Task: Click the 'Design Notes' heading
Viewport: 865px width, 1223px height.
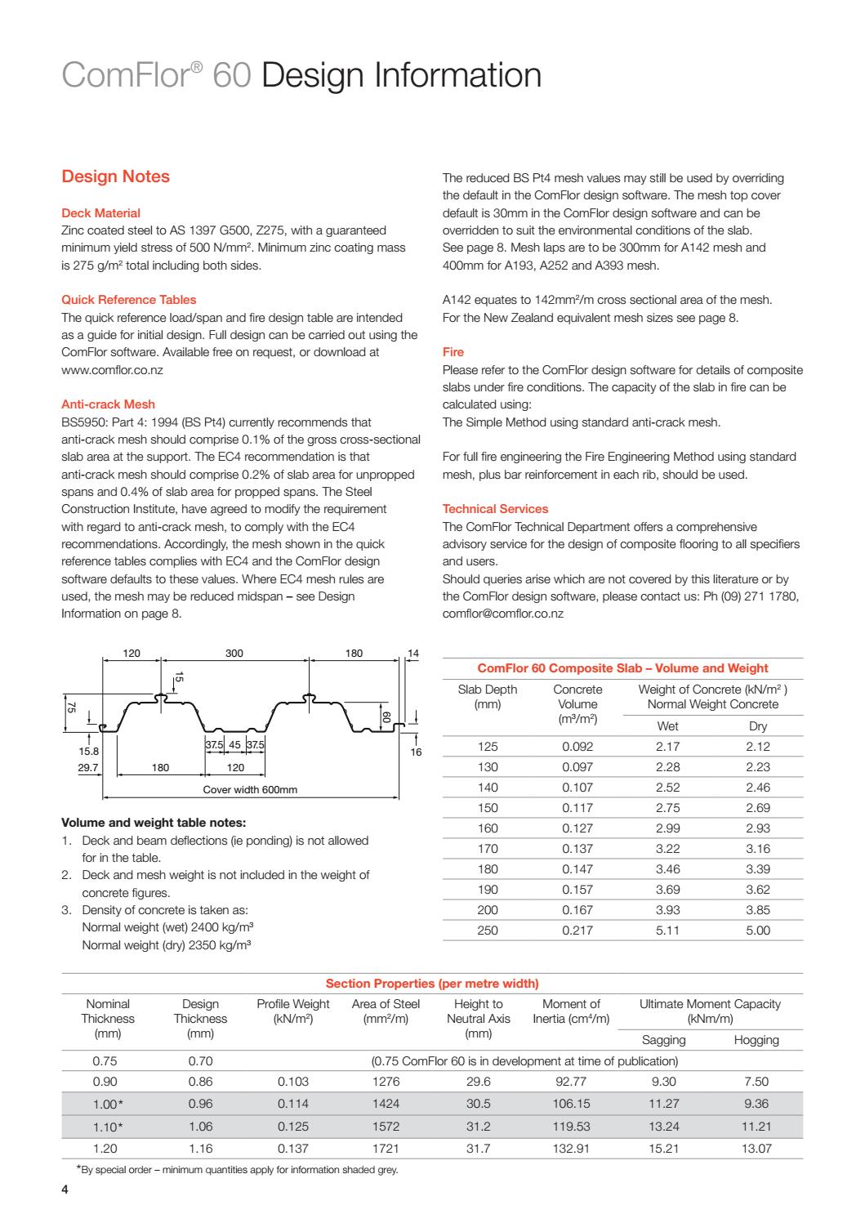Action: [115, 176]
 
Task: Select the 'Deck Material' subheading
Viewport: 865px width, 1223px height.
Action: [100, 213]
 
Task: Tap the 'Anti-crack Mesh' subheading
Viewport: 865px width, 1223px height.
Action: [108, 404]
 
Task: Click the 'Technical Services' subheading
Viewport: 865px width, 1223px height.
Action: [495, 509]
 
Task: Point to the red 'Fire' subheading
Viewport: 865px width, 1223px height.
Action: [453, 352]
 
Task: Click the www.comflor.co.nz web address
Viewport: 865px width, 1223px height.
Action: [112, 370]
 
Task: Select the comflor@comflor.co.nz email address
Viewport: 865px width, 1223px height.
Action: [502, 614]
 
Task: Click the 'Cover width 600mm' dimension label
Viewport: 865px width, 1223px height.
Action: [250, 789]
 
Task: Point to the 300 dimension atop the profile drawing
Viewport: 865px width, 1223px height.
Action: [234, 654]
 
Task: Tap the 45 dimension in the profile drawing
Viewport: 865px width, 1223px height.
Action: [234, 745]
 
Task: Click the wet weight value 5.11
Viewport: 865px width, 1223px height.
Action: [667, 930]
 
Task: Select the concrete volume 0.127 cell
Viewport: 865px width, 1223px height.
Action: [577, 828]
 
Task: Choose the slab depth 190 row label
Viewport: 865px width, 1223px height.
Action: [488, 889]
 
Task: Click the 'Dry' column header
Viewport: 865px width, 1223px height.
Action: [757, 726]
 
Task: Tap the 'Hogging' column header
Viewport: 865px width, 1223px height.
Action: [756, 1040]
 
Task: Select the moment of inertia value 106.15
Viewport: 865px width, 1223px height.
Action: [571, 1103]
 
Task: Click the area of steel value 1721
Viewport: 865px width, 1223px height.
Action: [386, 1148]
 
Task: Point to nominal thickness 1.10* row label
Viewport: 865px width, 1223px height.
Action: [108, 1126]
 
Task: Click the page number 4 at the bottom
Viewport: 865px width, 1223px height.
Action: [65, 1190]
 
